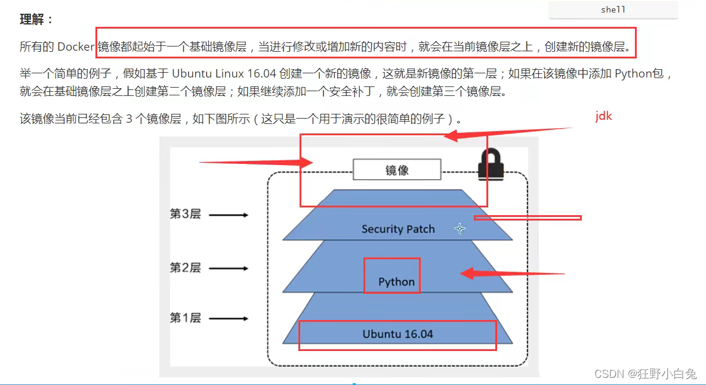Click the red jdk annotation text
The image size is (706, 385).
603,117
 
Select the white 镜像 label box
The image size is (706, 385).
397,170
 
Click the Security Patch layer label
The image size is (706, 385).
398,229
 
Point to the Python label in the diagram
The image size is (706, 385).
396,282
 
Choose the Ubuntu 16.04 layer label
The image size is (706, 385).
397,334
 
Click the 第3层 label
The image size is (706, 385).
186,215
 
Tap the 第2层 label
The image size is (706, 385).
186,268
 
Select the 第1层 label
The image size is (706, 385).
186,318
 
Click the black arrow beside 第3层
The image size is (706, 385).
229,215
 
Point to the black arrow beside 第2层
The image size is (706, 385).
229,269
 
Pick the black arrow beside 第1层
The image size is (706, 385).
229,319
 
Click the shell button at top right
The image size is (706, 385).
613,10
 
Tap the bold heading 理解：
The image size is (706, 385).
36,20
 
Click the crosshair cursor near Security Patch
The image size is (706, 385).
460,228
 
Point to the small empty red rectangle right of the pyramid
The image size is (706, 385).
528,218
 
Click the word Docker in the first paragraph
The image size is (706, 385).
76,47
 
